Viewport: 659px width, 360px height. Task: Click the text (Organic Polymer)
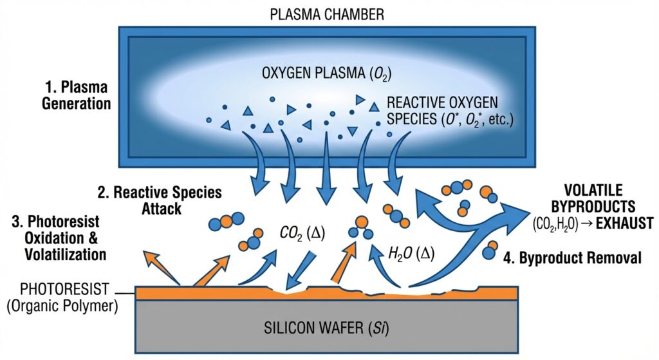point(62,306)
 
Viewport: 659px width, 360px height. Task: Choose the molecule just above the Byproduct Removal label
point(490,249)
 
